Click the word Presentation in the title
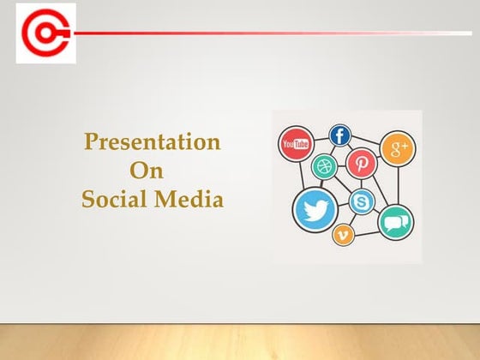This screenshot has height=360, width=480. coord(153,142)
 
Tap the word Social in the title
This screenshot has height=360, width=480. coord(116,201)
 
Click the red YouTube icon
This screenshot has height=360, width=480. coord(296,144)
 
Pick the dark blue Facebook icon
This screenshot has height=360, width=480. coord(341,135)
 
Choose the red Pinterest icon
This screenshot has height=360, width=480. coord(362,162)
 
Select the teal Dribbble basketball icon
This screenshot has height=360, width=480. coord(325,166)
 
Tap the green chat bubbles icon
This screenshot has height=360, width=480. coord(395,222)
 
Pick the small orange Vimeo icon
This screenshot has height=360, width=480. coord(344,234)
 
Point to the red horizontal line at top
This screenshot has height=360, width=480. coord(257,33)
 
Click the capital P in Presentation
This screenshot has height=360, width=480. coord(90,142)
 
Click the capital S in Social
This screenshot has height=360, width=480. coord(87,201)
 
